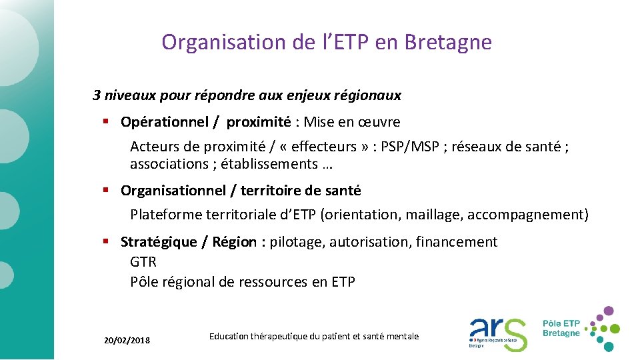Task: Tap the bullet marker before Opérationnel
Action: [105, 121]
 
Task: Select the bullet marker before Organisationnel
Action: [105, 190]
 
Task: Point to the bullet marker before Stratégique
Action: [105, 241]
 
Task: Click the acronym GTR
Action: [143, 262]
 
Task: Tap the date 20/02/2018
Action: [127, 341]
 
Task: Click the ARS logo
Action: [497, 332]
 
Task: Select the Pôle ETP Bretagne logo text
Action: [561, 327]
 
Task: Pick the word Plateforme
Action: [163, 215]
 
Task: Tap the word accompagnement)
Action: [528, 215]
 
